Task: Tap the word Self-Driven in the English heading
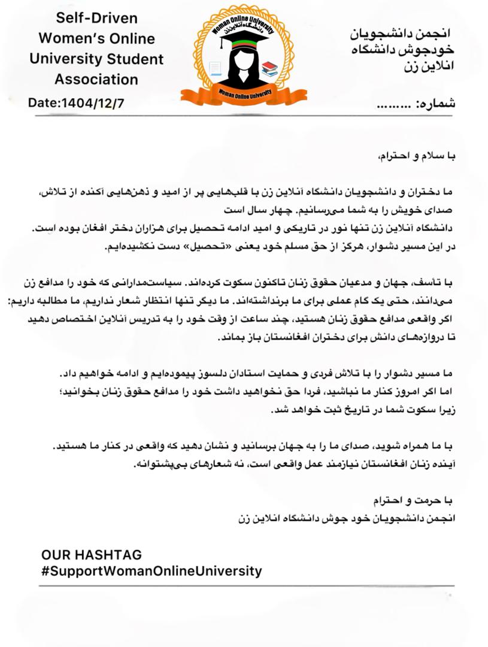click(x=96, y=18)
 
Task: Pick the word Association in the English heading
click(x=96, y=79)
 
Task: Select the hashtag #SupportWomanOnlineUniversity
click(x=151, y=570)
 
